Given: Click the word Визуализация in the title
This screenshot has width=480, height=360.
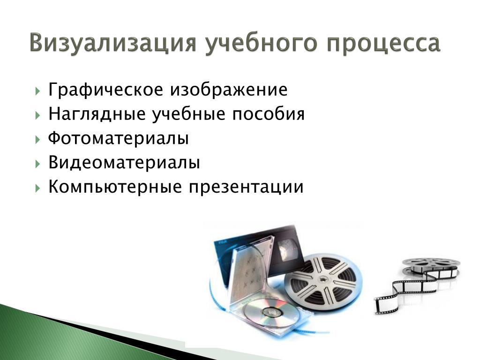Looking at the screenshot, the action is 113,42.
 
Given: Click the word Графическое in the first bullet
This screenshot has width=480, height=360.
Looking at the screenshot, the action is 105,90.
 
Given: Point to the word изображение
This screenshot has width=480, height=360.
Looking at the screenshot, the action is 229,90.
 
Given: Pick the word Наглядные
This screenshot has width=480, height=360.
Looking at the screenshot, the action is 97,114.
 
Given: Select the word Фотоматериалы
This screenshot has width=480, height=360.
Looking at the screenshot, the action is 118,138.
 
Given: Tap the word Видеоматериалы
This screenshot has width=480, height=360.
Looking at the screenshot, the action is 124,162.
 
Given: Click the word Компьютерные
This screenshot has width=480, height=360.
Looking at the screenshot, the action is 115,187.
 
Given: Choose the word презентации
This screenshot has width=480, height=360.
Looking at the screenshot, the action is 246,187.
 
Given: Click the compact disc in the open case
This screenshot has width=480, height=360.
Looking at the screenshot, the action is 271,313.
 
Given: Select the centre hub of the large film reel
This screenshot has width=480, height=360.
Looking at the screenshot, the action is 322,280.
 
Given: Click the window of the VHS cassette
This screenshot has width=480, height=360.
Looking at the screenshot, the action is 288,250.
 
